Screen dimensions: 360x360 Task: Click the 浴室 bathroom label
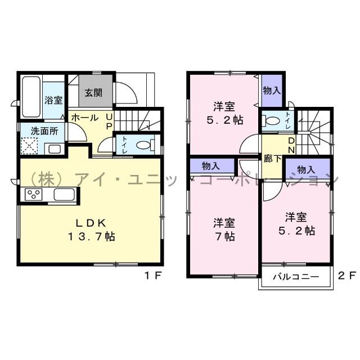(53, 100)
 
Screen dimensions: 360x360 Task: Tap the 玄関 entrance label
(93, 93)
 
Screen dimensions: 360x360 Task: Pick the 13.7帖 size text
(93, 237)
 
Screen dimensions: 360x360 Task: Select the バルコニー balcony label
(296, 277)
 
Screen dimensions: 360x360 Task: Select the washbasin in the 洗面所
(55, 149)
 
